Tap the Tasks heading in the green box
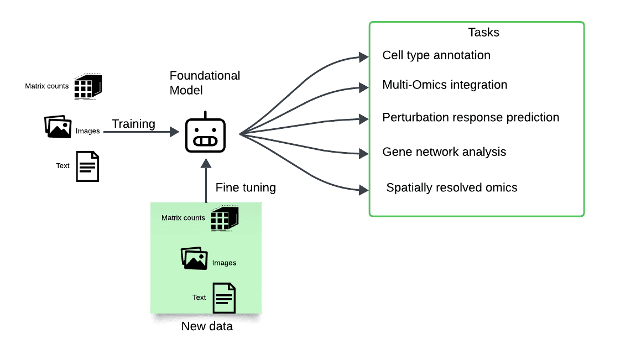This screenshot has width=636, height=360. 483,33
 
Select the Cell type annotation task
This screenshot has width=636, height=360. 436,55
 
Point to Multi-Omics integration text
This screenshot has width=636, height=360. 445,85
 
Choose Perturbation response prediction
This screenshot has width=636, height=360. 471,117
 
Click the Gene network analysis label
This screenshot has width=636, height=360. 444,152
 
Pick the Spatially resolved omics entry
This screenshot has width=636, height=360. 452,187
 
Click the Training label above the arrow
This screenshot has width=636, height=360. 133,124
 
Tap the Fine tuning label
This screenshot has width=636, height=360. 246,187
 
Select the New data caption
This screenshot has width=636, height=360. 207,326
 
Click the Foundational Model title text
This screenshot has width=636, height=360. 205,83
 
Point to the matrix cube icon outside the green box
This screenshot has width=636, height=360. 88,86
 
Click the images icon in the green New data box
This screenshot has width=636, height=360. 194,258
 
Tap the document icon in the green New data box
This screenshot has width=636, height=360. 225,298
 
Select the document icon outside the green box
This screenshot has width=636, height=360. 87,166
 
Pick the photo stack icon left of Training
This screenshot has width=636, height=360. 58,127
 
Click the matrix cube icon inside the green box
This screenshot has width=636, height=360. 225,218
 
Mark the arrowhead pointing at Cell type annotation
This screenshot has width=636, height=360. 364,57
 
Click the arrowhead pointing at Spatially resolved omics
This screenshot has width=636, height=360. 364,190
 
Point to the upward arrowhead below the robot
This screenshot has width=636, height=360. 206,163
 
